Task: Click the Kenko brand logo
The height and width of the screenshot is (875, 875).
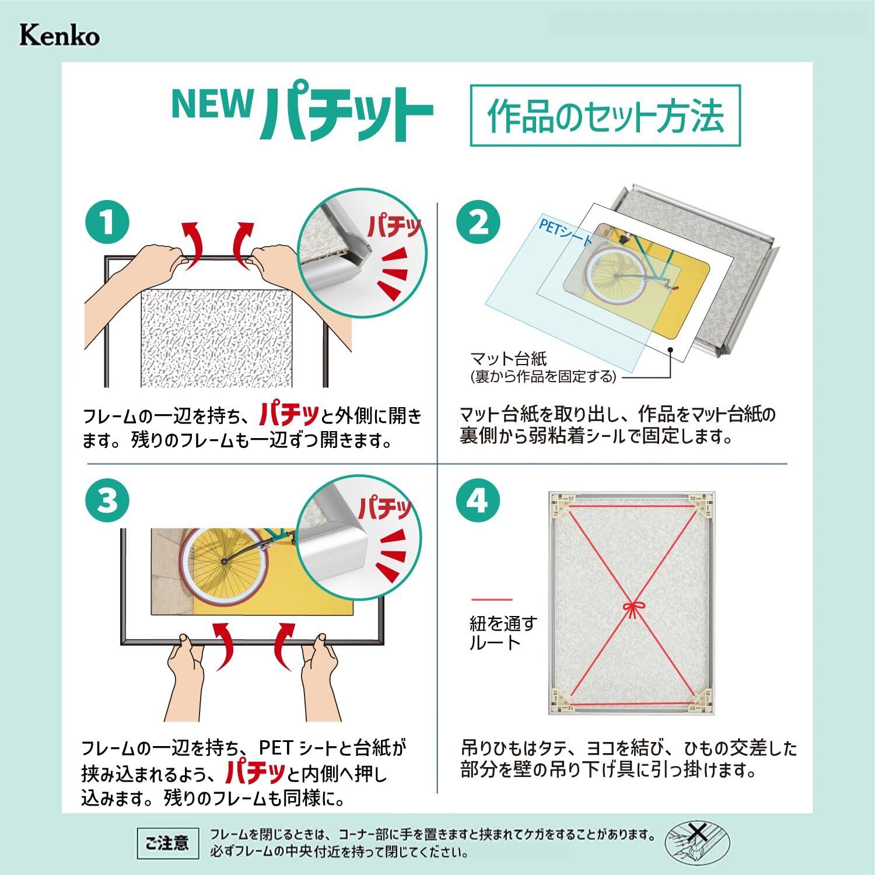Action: tap(60, 36)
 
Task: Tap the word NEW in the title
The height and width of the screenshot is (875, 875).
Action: tap(212, 104)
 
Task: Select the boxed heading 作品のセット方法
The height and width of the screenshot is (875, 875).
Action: tap(605, 116)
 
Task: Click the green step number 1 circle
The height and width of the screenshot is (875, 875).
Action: tap(107, 223)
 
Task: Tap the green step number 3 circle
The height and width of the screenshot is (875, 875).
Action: tap(107, 501)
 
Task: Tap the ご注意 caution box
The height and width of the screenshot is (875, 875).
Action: tap(167, 843)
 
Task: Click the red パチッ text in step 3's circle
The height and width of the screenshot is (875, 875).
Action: tap(385, 509)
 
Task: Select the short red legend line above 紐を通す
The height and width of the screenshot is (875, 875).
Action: tap(492, 600)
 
